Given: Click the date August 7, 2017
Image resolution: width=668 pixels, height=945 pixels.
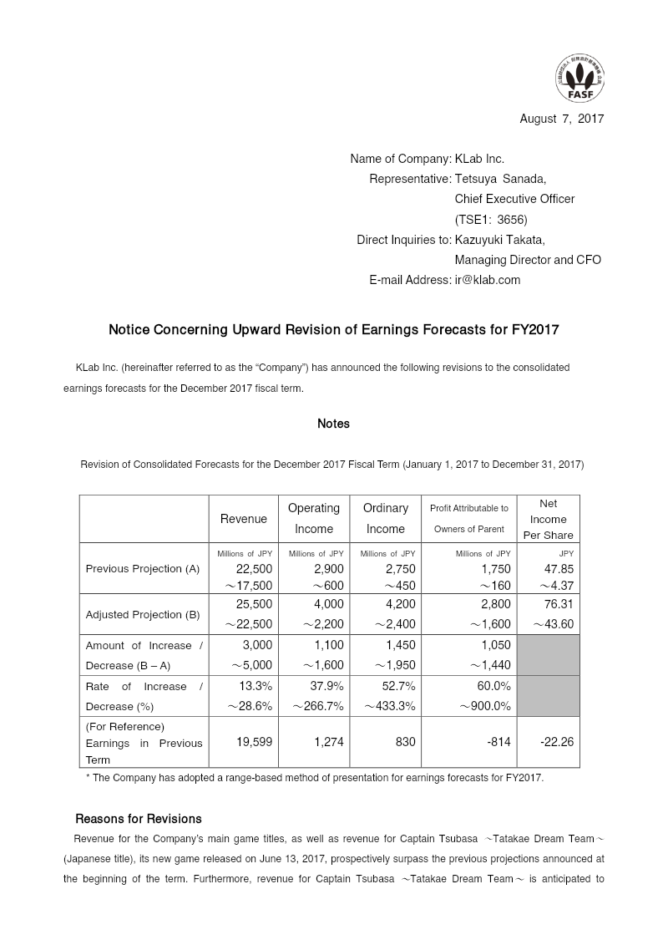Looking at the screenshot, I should tap(561, 119).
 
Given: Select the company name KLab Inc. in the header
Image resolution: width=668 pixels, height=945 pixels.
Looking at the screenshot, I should tap(479, 159).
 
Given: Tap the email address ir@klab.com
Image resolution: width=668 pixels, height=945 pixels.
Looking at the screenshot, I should tap(487, 280).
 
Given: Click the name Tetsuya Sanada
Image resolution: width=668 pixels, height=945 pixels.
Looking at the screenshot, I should tap(500, 179).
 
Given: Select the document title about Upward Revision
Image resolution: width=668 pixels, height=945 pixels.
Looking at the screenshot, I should tap(333, 330).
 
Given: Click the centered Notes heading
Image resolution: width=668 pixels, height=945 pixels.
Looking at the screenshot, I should tap(333, 424).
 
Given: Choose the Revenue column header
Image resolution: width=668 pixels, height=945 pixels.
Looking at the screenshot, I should tap(244, 519).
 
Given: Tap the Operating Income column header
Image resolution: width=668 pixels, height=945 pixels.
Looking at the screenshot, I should tap(314, 518).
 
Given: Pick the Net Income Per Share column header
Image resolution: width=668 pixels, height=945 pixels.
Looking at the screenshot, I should tap(549, 519).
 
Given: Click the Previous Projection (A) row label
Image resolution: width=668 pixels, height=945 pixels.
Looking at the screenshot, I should tap(143, 568).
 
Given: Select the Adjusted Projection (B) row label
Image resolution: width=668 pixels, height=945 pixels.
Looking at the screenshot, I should tap(143, 614).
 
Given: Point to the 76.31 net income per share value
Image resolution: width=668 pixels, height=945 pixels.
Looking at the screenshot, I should tap(557, 604).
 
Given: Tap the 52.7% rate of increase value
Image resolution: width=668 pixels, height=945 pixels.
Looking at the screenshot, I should tap(397, 686).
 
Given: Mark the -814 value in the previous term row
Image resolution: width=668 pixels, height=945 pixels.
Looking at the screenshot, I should tap(498, 740).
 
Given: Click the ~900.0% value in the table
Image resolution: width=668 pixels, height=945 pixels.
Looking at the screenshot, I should tap(484, 706).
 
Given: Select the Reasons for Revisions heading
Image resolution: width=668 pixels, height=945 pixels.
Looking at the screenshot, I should tap(139, 818).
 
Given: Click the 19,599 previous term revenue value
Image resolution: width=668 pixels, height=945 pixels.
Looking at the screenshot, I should tap(254, 740).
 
